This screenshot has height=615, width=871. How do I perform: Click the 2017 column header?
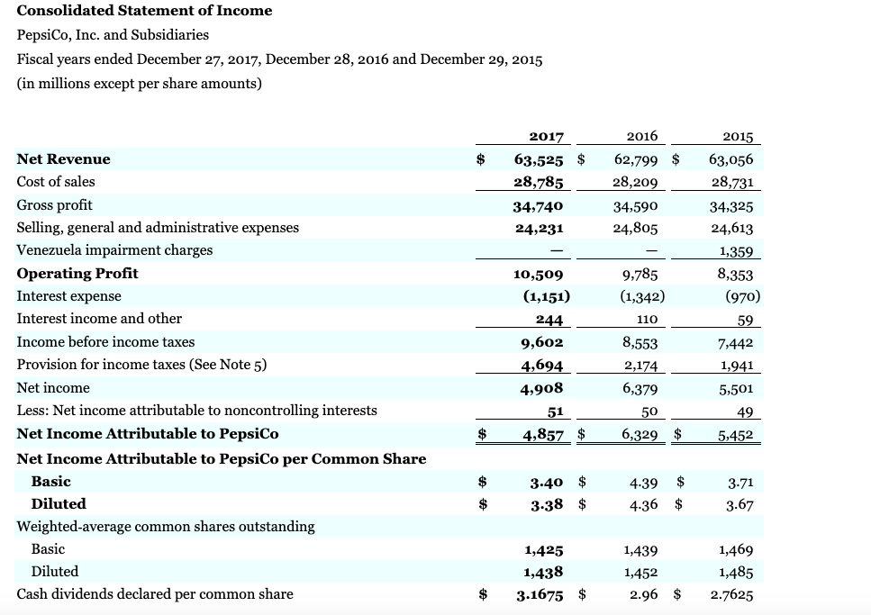click(x=546, y=137)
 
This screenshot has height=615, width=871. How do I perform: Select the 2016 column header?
click(x=640, y=137)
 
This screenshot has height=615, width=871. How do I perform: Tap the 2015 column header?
click(x=737, y=137)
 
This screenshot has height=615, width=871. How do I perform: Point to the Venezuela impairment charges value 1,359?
click(x=736, y=251)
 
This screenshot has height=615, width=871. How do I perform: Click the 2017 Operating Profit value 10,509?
click(x=539, y=274)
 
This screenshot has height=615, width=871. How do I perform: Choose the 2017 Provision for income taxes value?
click(x=542, y=366)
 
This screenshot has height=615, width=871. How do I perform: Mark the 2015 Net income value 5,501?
click(x=736, y=389)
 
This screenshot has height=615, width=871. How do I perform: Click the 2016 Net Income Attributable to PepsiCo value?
click(x=636, y=435)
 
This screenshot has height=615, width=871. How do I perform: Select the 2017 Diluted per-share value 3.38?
click(x=548, y=504)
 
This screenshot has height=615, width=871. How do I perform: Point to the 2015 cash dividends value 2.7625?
click(x=730, y=594)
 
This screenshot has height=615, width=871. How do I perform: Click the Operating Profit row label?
click(x=77, y=273)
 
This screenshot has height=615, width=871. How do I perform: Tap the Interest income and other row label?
click(x=99, y=319)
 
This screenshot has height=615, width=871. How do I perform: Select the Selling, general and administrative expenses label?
click(x=158, y=228)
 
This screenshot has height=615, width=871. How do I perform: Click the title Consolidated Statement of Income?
click(x=144, y=11)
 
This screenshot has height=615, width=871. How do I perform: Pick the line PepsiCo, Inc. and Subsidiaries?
click(x=113, y=35)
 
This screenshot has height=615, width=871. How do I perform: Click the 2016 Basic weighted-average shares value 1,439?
click(x=640, y=549)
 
